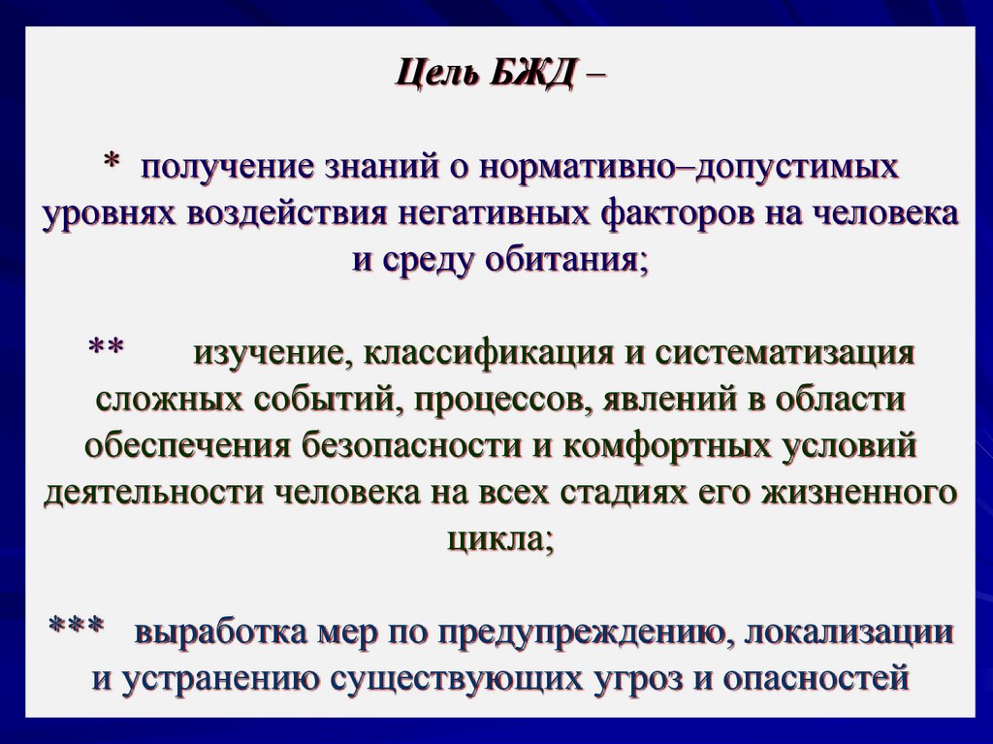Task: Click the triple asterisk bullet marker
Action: click(77, 630)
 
